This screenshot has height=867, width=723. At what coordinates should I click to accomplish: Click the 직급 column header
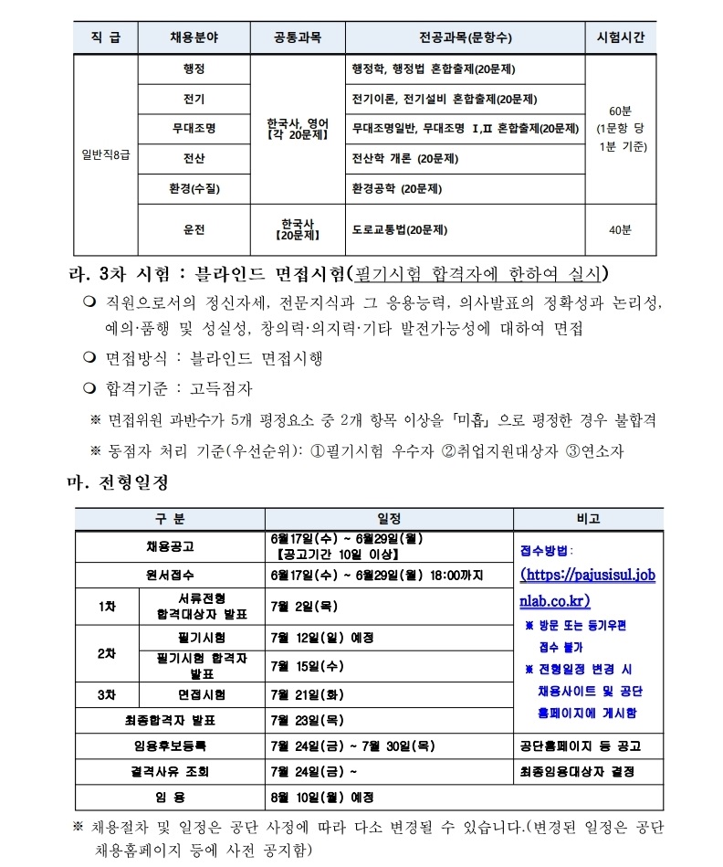(x=103, y=37)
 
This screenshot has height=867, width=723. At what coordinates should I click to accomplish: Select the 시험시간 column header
(x=620, y=37)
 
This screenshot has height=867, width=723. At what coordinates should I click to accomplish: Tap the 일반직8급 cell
(x=103, y=155)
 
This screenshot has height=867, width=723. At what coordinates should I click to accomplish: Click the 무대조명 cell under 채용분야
(x=194, y=128)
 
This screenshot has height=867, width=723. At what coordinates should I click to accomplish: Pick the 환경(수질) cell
(x=194, y=189)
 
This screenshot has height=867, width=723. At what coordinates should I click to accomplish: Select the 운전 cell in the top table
(x=194, y=229)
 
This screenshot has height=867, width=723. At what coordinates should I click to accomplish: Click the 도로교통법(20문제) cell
(x=400, y=229)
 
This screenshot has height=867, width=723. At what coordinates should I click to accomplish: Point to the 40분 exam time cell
(x=620, y=229)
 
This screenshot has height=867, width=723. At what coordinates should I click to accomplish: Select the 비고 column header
(x=587, y=518)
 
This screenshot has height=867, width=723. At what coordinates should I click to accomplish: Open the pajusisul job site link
(x=587, y=587)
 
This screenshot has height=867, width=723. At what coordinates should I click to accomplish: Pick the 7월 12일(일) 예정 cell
(x=322, y=637)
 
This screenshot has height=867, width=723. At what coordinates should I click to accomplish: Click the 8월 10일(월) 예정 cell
(x=322, y=797)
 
